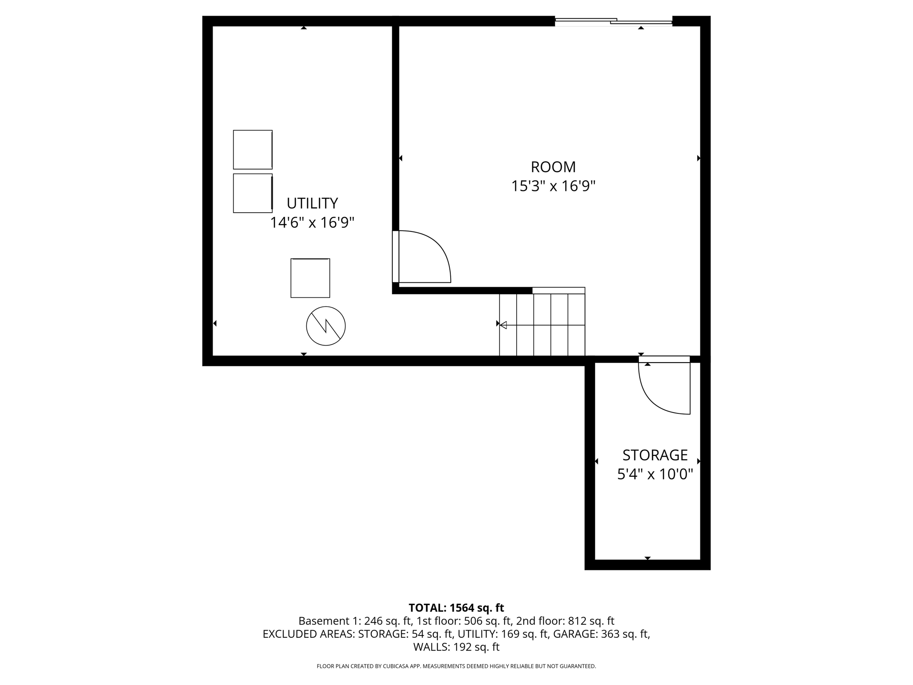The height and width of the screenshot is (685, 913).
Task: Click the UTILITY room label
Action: (x=312, y=203)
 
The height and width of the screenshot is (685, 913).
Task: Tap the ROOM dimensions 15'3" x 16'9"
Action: (x=553, y=186)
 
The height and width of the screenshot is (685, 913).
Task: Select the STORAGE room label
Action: (x=655, y=455)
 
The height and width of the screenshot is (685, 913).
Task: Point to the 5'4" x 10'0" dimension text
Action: (x=655, y=474)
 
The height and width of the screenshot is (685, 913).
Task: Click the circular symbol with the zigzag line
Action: (x=326, y=326)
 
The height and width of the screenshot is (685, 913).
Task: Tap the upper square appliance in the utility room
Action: (x=253, y=149)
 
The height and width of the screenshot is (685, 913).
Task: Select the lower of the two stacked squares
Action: (x=253, y=193)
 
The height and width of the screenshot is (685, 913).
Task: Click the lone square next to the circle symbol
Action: (x=310, y=278)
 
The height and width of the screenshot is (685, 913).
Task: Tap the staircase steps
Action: (x=542, y=325)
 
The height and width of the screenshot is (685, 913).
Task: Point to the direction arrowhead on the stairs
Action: (x=503, y=325)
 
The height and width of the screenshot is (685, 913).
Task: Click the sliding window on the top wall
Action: (x=613, y=21)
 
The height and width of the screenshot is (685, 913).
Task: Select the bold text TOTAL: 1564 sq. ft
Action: (x=456, y=608)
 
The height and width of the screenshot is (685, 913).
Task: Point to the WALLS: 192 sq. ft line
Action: (x=456, y=647)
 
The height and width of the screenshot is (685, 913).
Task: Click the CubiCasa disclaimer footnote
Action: (x=456, y=666)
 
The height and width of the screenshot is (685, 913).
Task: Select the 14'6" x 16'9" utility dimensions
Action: (x=312, y=223)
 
